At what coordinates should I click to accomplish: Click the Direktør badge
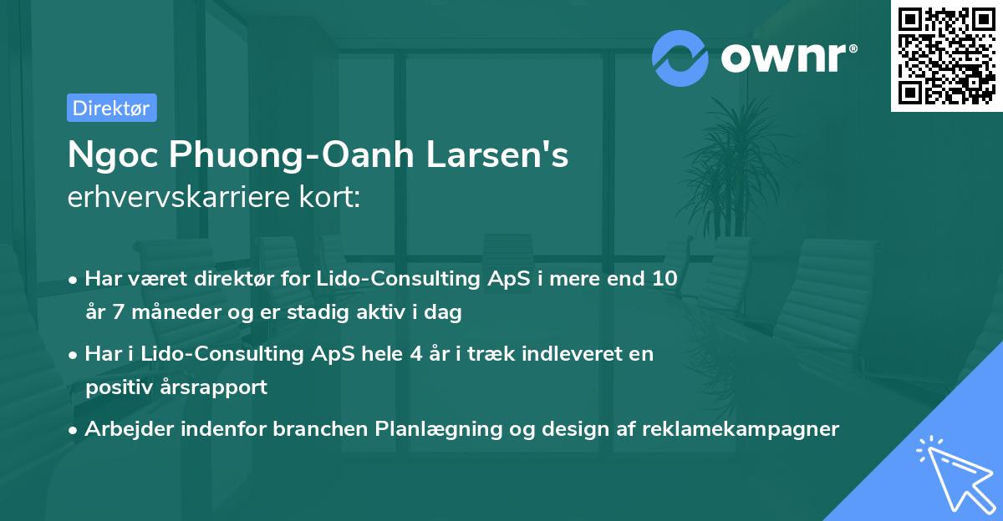tap(111, 108)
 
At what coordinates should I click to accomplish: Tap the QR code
tap(945, 56)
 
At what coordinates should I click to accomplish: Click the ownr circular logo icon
tap(680, 58)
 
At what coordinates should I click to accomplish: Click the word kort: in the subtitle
tap(330, 198)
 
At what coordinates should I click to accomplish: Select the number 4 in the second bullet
tap(410, 353)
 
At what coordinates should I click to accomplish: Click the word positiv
tap(112, 387)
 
